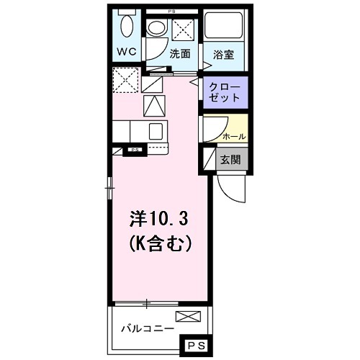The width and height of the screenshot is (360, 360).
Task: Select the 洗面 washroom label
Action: pyautogui.click(x=179, y=54)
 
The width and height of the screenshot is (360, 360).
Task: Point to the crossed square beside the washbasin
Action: pyautogui.click(x=182, y=29)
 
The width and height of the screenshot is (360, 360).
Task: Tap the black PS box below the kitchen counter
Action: pyautogui.click(x=134, y=150)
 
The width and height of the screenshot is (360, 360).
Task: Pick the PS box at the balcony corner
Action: pyautogui.click(x=195, y=346)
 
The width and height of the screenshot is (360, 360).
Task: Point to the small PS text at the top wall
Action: pyautogui.click(x=171, y=11)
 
